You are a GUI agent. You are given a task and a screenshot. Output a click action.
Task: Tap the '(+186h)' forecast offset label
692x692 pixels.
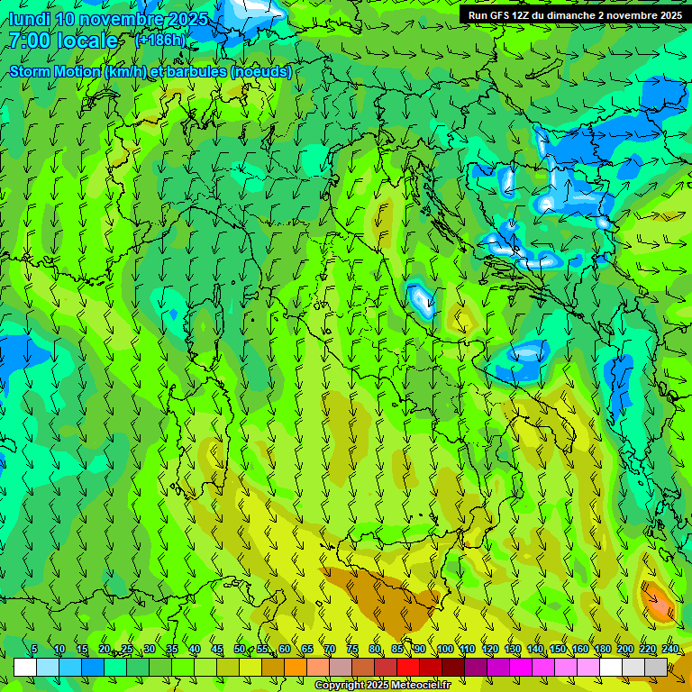pos(160,41)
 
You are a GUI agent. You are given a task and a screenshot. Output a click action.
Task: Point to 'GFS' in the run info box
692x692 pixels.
pos(501,15)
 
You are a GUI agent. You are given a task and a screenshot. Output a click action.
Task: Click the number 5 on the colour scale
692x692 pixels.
pos(34,650)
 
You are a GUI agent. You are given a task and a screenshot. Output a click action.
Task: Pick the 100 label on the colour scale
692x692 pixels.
pos(445,650)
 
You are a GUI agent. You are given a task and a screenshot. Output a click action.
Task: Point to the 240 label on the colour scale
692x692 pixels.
pos(670,650)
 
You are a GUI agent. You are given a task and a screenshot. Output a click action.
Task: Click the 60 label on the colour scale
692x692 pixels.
pos(285,650)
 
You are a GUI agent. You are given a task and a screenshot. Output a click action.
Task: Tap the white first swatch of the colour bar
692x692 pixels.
pos(25,667)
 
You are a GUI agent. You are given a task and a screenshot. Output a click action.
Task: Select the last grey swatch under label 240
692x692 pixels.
pos(656,667)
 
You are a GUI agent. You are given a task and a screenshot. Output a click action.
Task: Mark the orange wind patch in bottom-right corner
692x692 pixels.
pos(658,602)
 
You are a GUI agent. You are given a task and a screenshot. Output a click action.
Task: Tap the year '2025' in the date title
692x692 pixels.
pos(187,19)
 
